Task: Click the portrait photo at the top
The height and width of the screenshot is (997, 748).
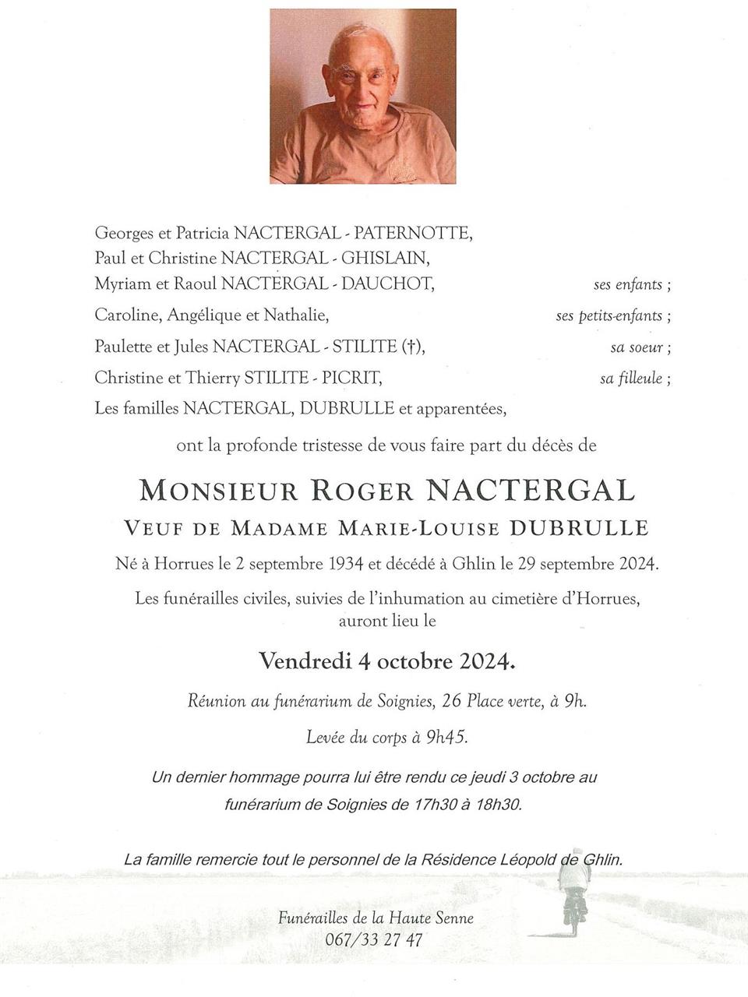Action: (363, 97)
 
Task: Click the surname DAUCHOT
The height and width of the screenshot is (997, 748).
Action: (387, 284)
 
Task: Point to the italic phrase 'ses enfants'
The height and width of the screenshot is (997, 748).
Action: (632, 285)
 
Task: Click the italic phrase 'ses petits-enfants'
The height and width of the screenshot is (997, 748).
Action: (613, 316)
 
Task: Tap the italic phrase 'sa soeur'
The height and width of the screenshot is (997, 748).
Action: (640, 347)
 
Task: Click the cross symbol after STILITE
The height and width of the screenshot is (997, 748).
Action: (410, 347)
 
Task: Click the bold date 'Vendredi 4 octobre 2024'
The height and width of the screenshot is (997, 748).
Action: (387, 662)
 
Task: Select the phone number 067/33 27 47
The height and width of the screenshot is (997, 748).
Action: (375, 939)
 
